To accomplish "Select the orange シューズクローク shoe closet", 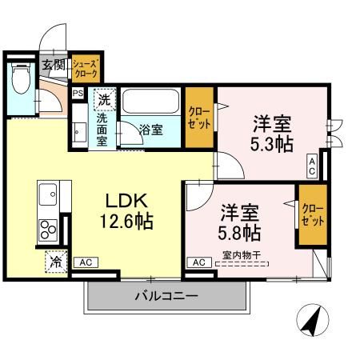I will tap(85, 67).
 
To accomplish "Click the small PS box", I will tap(78, 93).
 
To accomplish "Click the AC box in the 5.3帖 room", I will tap(311, 165).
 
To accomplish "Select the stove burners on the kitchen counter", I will tap(47, 228).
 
